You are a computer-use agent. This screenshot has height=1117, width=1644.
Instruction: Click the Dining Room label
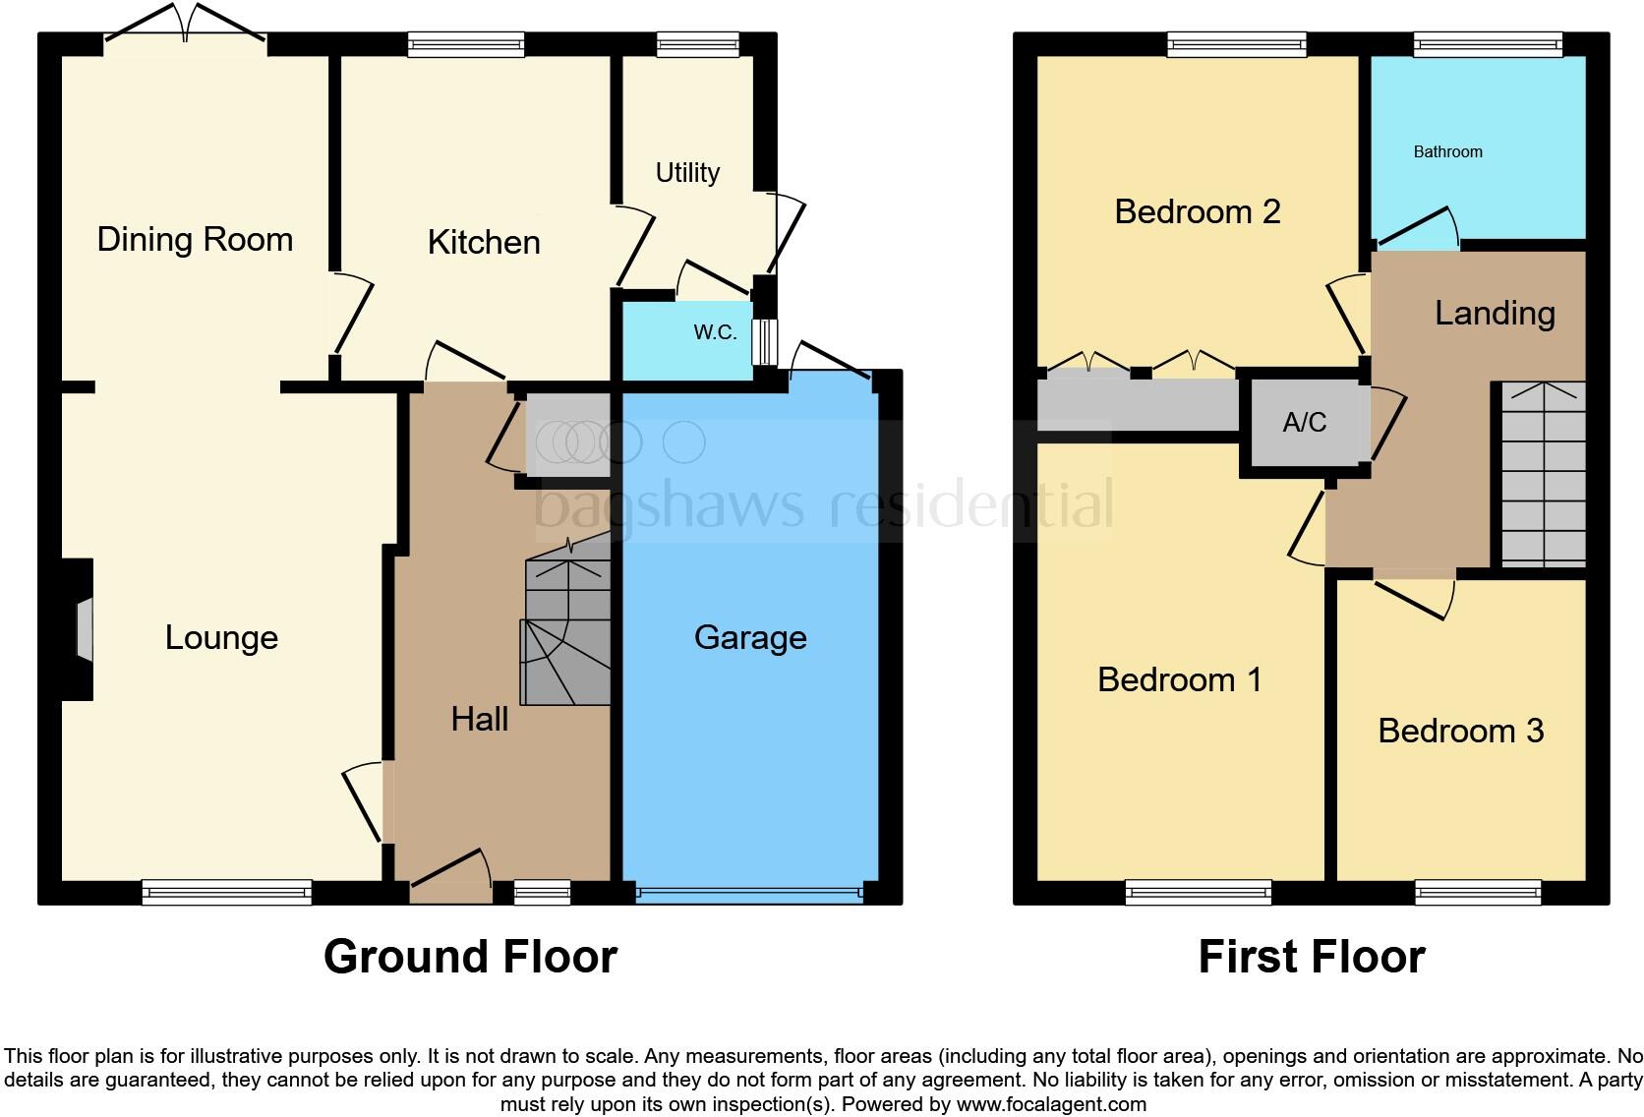click(195, 239)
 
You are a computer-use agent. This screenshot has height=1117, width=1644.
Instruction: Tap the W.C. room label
click(715, 332)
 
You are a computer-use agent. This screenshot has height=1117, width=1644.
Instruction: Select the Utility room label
click(687, 173)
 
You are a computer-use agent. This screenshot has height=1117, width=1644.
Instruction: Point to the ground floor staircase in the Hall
click(567, 634)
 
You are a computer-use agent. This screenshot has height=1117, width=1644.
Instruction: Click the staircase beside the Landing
click(1543, 475)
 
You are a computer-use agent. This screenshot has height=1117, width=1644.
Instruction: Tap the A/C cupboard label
click(1305, 423)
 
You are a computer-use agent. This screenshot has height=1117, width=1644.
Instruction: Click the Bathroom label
click(1447, 151)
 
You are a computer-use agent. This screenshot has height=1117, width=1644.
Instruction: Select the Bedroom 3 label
click(1460, 731)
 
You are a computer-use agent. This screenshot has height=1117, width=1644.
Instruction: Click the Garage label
click(750, 637)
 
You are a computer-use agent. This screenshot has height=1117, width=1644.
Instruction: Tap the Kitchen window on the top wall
click(466, 43)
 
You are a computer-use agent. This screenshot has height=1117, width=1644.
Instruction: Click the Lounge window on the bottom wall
click(226, 892)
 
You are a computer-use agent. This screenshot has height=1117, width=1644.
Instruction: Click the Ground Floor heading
click(470, 957)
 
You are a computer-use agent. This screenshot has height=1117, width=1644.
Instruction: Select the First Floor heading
click(1311, 957)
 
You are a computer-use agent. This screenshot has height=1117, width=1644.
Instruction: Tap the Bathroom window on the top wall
click(1487, 43)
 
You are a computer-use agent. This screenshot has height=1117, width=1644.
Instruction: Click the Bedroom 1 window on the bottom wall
click(1198, 892)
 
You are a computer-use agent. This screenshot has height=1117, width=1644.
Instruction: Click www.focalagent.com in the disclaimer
click(1050, 1104)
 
